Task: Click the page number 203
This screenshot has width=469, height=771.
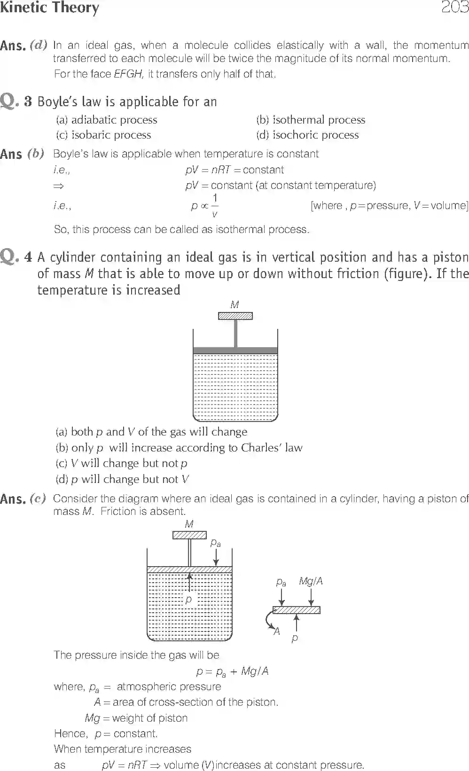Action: click(454, 8)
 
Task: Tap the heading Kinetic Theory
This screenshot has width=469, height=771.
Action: click(49, 8)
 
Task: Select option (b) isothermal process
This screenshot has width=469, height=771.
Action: click(310, 120)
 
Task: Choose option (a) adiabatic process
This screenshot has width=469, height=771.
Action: click(106, 120)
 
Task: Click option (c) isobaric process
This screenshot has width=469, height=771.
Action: click(103, 135)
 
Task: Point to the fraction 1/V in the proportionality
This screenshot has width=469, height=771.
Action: click(215, 206)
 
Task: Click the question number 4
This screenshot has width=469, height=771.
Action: click(28, 257)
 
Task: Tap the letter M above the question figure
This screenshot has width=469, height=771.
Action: click(234, 305)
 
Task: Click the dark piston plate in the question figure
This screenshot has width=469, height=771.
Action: click(235, 350)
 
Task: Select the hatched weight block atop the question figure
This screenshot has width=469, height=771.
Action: click(235, 316)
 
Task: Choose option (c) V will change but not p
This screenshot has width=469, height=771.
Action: click(121, 464)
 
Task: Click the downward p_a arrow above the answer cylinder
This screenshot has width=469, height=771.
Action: click(216, 557)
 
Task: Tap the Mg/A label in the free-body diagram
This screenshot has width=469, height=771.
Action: click(311, 581)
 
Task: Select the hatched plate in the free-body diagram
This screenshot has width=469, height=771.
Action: click(296, 610)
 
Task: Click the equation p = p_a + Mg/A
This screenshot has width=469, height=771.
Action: click(232, 671)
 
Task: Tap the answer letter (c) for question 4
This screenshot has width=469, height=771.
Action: click(38, 498)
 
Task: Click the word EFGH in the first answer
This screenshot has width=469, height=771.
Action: click(128, 74)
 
